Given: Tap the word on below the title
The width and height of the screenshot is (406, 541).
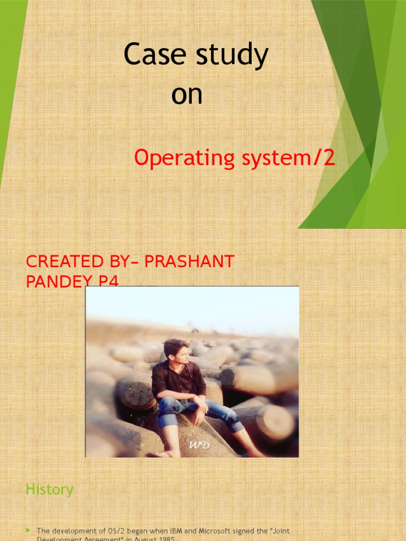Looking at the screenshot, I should [x=187, y=95].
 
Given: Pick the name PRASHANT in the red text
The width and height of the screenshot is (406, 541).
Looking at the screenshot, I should [x=189, y=262].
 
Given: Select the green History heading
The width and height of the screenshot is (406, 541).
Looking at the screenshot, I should [x=49, y=490].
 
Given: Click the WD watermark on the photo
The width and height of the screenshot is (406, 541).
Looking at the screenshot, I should [x=199, y=445].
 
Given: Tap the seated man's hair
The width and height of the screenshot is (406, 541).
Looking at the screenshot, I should [x=176, y=347].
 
